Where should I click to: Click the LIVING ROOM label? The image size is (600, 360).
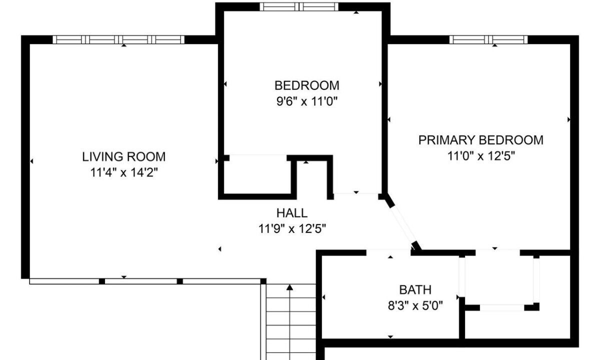124,156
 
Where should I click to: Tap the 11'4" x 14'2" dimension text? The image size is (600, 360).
124,172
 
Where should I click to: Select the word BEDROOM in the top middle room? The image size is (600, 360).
306,85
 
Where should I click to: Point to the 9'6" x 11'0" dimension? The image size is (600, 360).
306,101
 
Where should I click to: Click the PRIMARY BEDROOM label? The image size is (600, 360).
481,140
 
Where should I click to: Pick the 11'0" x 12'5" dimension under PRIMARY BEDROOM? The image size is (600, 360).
481,156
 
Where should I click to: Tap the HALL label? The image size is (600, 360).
292,213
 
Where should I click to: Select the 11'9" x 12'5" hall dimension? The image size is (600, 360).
292,229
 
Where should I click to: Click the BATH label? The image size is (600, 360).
415,289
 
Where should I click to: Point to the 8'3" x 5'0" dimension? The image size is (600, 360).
415,305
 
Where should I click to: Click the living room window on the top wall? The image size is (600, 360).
118,39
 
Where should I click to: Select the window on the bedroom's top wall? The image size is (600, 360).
299,6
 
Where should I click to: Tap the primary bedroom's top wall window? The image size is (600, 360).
488,39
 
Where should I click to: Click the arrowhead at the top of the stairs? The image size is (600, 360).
289,287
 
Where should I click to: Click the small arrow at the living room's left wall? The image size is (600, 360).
31,161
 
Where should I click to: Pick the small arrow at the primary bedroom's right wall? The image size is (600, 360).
568,119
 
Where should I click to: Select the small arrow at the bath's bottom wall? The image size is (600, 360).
390,336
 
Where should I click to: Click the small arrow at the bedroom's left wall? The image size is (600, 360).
225,84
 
